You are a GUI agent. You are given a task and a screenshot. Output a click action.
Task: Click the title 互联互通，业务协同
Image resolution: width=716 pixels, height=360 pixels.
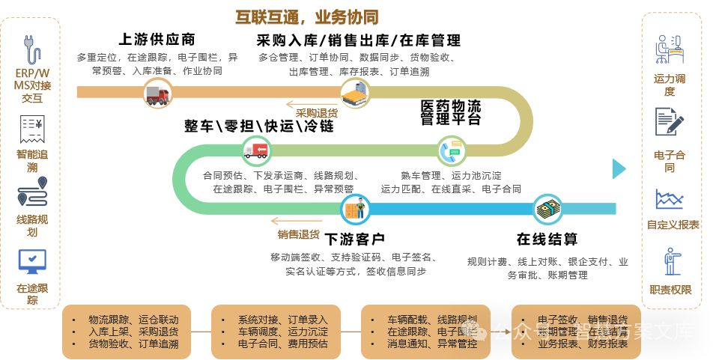pyautogui.click(x=306, y=16)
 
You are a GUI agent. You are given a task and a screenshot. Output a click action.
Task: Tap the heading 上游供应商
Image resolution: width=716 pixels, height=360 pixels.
pyautogui.click(x=157, y=40)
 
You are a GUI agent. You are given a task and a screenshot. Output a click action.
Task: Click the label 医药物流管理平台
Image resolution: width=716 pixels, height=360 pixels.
pyautogui.click(x=450, y=112)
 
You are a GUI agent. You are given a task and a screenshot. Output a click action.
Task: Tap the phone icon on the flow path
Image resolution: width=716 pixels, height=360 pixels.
pyautogui.click(x=452, y=152)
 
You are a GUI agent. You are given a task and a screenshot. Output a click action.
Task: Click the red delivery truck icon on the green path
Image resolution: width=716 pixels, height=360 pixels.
pyautogui.click(x=255, y=152)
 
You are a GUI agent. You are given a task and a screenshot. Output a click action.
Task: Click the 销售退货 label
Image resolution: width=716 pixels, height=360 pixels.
pyautogui.click(x=298, y=234)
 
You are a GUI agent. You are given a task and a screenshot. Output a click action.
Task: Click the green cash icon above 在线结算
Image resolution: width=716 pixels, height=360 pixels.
pyautogui.click(x=548, y=208)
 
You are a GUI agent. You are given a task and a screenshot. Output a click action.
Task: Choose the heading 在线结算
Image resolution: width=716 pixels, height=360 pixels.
pyautogui.click(x=547, y=240)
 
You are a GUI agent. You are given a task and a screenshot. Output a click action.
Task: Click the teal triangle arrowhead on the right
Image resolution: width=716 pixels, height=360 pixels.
pyautogui.click(x=618, y=169)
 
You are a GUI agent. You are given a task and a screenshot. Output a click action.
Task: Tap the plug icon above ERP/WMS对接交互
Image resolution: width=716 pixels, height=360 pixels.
pyautogui.click(x=31, y=49)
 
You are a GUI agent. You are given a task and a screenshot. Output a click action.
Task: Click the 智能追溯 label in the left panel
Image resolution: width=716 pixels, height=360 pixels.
pyautogui.click(x=31, y=161)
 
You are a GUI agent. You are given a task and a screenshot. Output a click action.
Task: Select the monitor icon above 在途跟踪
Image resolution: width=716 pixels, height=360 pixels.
pyautogui.click(x=31, y=261)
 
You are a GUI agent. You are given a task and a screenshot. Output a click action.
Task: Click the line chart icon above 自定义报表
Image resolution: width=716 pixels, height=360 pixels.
pyautogui.click(x=669, y=199)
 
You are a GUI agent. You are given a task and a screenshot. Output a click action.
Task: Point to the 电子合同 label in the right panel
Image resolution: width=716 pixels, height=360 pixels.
pyautogui.click(x=669, y=161)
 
